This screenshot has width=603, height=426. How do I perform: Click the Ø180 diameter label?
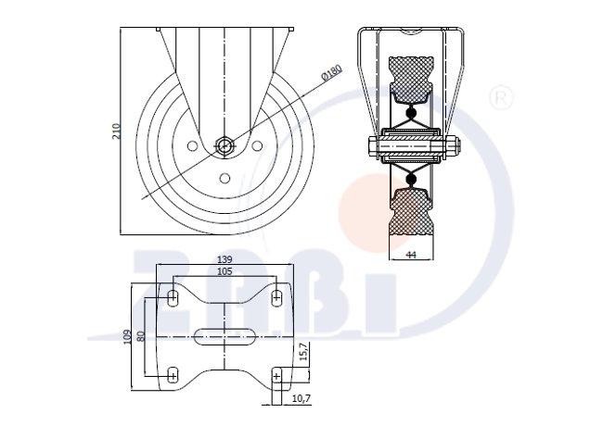(331, 73)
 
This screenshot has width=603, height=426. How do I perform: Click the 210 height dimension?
(116, 132)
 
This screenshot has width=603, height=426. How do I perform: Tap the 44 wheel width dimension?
(411, 255)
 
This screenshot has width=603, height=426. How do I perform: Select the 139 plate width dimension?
(225, 259)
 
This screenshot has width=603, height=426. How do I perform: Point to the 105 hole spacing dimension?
(225, 271)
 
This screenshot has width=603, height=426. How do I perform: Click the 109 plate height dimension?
(127, 337)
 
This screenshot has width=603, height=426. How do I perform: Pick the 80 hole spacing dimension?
(140, 336)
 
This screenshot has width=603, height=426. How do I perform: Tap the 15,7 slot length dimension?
(303, 351)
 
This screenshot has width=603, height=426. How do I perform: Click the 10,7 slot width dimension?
(301, 399)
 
